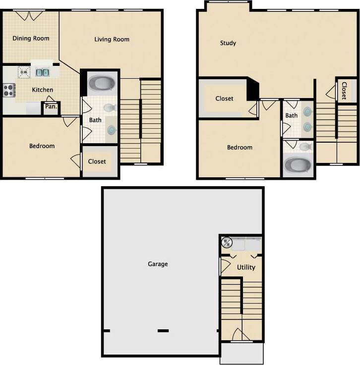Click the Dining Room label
coord(31,38)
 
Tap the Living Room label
coord(112,40)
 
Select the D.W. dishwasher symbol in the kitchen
coord(23,72)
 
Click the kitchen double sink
coord(43,72)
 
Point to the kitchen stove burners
coord(8,90)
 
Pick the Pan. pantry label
coord(51,106)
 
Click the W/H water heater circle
coord(227,242)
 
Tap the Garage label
coord(158,264)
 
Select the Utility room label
coord(246,267)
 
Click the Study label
coord(228,43)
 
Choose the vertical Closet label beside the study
coord(344,91)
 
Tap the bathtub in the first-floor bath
coord(101,83)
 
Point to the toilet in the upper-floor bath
coord(305,147)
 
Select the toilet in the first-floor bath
coord(110,107)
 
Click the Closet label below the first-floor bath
coord(97,161)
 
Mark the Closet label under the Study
coord(224,99)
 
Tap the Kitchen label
coord(43,90)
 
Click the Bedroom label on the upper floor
coord(240,148)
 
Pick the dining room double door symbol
coord(27,15)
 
